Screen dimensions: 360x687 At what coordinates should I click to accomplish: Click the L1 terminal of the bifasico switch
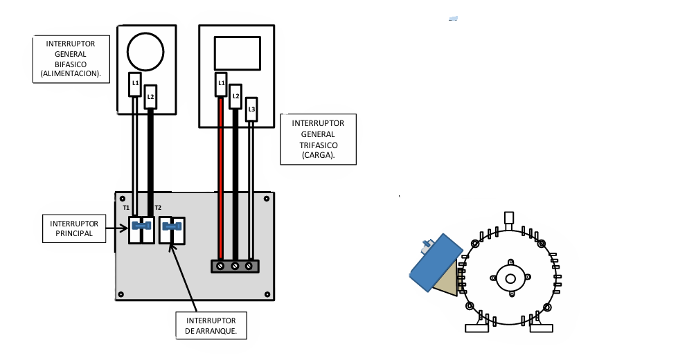click(x=136, y=83)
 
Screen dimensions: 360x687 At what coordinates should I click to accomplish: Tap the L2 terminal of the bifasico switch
click(x=150, y=97)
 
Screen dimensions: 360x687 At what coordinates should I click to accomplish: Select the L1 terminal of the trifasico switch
click(x=221, y=84)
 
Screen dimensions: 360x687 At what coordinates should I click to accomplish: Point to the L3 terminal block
click(x=251, y=109)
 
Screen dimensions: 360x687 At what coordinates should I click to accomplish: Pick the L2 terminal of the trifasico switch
click(x=235, y=96)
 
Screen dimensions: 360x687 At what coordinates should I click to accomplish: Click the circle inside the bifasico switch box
click(x=145, y=51)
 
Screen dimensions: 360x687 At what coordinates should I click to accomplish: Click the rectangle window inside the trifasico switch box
click(x=237, y=53)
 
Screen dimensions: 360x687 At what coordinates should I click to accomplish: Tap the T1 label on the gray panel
click(x=126, y=208)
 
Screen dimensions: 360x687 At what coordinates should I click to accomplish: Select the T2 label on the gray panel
click(x=158, y=208)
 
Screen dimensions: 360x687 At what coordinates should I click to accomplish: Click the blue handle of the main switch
click(x=141, y=226)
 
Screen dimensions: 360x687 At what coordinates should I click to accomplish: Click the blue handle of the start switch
click(x=172, y=226)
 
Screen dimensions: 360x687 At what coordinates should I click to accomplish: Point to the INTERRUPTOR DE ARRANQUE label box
click(x=211, y=326)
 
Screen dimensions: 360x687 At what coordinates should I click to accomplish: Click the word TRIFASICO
click(x=318, y=145)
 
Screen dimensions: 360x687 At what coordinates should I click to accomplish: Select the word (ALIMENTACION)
click(x=71, y=73)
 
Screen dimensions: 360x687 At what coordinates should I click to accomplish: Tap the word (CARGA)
click(x=318, y=156)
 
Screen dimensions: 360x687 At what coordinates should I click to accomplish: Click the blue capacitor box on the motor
click(x=436, y=263)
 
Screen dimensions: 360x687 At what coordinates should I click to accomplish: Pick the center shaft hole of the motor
click(x=510, y=279)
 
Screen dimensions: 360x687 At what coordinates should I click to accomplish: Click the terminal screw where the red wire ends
click(x=220, y=266)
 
